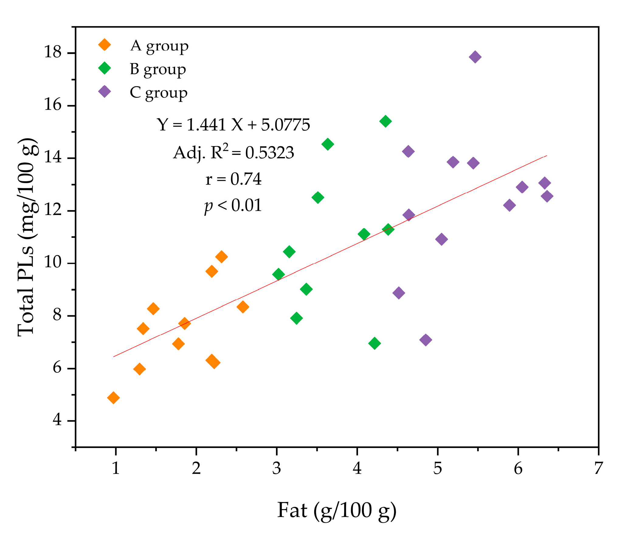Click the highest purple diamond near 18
(x=475, y=57)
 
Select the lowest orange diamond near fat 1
(x=113, y=398)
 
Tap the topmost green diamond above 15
(x=385, y=121)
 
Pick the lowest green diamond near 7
(x=374, y=343)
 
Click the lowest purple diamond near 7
(x=426, y=340)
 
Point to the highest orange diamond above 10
(x=222, y=257)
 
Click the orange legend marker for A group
(x=105, y=45)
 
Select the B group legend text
(x=158, y=70)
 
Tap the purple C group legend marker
(x=105, y=91)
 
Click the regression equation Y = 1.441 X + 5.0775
(x=233, y=125)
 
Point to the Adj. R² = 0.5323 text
(x=233, y=152)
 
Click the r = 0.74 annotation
(x=233, y=179)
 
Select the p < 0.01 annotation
(x=233, y=206)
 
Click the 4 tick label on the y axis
(x=57, y=420)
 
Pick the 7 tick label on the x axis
(x=598, y=468)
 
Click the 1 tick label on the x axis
(x=116, y=468)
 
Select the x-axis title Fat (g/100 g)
(x=337, y=511)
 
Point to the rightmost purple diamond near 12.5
(x=547, y=196)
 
